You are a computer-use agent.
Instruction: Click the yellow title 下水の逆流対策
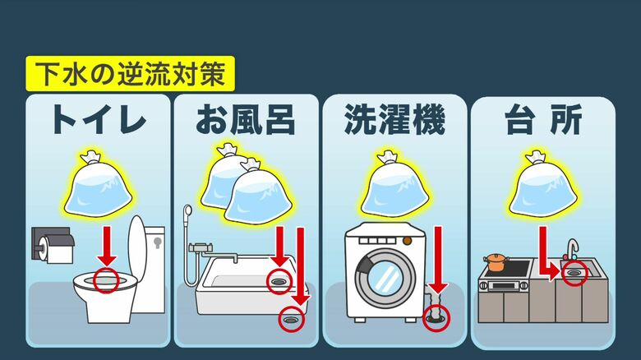point(130,74)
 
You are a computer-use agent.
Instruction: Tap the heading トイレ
point(98,119)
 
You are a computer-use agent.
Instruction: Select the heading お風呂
point(245,119)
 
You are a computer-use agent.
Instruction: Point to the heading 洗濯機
point(394,119)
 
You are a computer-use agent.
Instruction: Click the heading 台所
point(543,119)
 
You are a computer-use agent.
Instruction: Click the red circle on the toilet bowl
point(106,280)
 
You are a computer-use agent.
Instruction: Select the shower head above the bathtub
point(187,212)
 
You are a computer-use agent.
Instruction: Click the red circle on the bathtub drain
point(279,281)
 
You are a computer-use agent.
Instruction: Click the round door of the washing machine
point(385,278)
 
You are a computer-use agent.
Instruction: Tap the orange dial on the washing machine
point(408,241)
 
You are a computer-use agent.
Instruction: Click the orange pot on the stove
point(496,262)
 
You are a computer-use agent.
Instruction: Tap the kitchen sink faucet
point(572,249)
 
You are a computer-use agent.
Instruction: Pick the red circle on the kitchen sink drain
point(574,272)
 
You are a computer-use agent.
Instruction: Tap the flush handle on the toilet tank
point(158,243)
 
